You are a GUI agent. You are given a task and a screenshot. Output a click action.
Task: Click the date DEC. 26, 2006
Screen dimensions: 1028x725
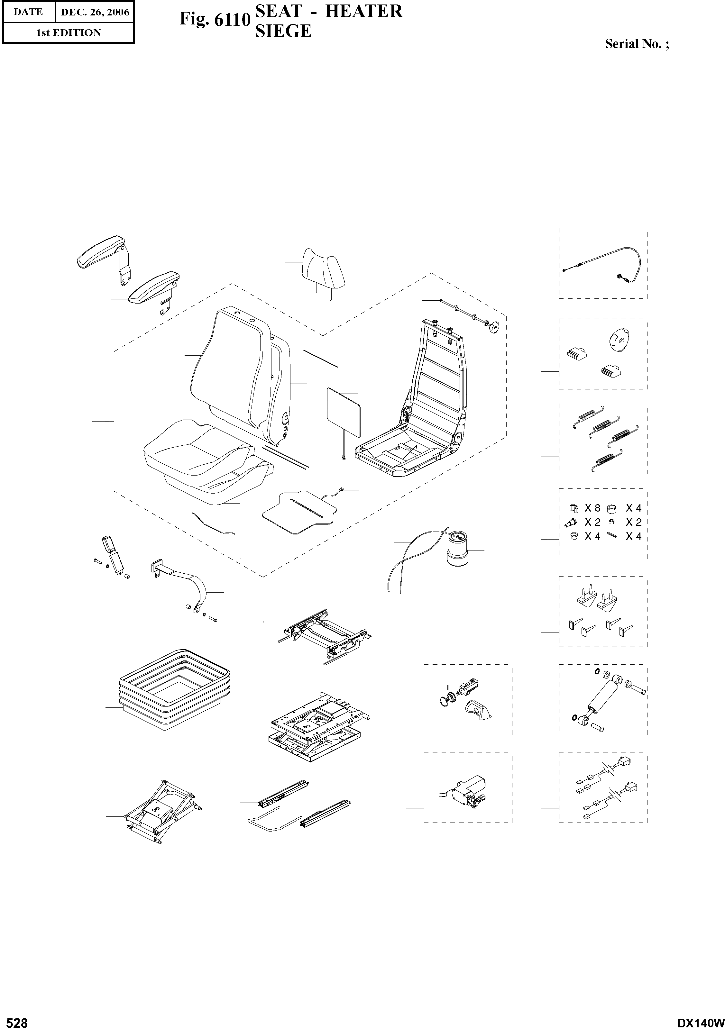95,13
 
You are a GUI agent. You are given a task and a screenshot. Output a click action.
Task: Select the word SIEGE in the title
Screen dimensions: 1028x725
283,31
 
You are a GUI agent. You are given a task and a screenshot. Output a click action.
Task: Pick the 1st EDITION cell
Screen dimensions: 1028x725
68,33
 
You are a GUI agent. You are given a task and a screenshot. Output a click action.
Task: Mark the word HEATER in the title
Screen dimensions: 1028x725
363,11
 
